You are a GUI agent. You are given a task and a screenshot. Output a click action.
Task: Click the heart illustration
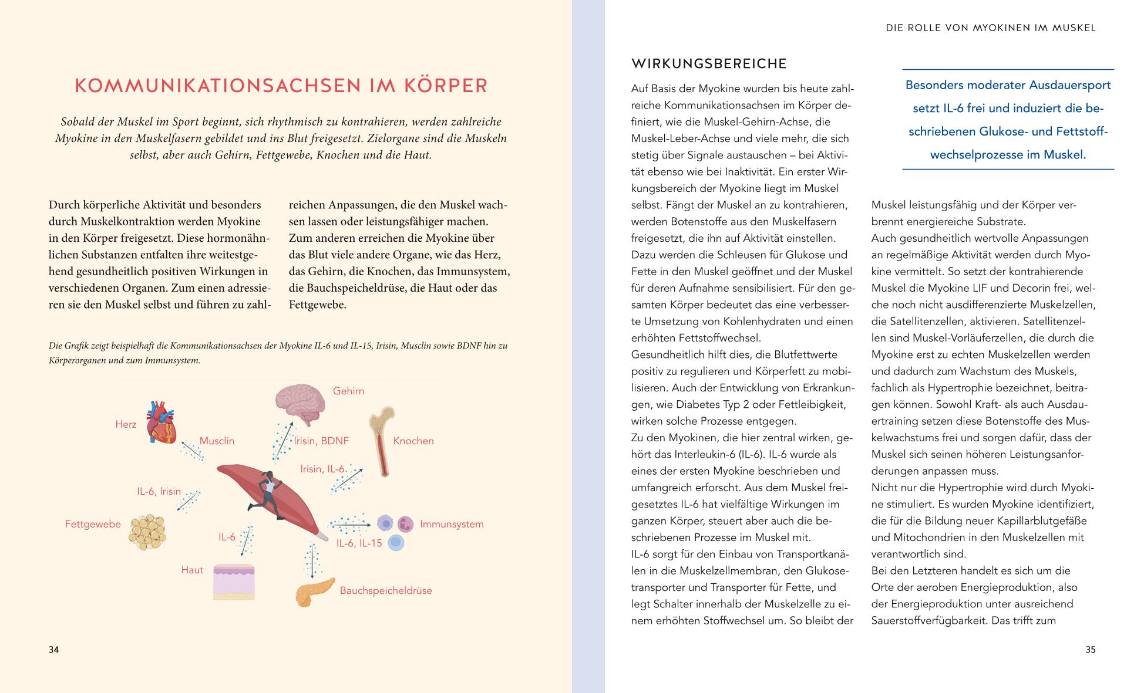[x=160, y=422]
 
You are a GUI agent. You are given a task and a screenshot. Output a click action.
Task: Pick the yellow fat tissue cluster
[x=147, y=532]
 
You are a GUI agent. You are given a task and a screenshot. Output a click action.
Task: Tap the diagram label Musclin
[x=217, y=441]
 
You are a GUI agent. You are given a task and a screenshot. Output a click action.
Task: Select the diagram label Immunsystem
[x=452, y=524]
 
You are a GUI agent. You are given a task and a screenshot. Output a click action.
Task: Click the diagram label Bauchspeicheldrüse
[x=386, y=590]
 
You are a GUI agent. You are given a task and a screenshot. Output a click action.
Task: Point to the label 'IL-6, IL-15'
[x=359, y=543]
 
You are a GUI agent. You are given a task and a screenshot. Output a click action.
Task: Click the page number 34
[x=53, y=650]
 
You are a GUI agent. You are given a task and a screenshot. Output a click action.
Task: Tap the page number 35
[x=1090, y=650]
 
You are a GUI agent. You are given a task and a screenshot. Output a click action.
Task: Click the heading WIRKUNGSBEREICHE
[x=709, y=63]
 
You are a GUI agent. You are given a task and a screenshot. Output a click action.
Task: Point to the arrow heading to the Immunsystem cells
[x=351, y=522]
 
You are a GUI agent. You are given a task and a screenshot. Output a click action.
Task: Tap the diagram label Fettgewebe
[x=93, y=524]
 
